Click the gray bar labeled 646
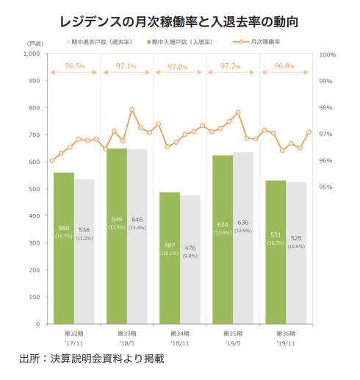(x=137, y=236)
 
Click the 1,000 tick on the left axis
(x=31, y=54)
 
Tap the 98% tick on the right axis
(x=327, y=108)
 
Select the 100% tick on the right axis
(x=327, y=54)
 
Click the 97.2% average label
(x=233, y=66)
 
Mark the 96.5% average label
(x=74, y=66)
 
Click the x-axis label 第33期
(x=126, y=333)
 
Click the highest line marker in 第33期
(x=132, y=110)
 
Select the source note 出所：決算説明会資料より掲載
(x=92, y=360)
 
